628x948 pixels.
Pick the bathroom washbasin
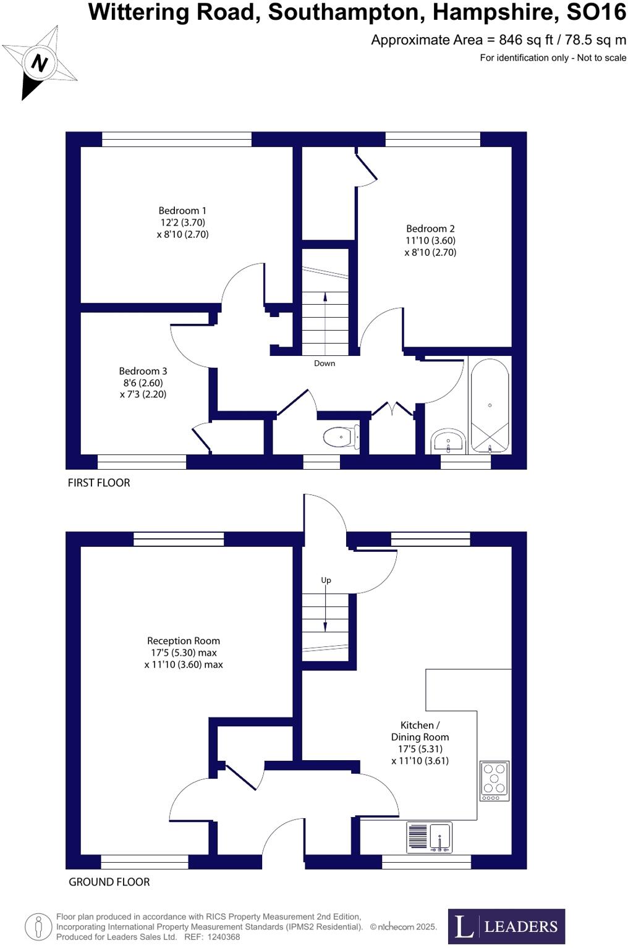tap(448, 441)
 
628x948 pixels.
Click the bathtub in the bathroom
tap(490, 405)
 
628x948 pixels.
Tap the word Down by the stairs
tap(325, 363)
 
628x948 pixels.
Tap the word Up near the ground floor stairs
tap(326, 580)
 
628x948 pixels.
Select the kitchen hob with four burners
tap(494, 781)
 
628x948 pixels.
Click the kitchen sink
tap(440, 837)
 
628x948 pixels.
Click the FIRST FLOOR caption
tap(99, 483)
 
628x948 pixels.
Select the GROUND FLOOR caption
tap(109, 882)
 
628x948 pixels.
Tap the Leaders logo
tap(506, 926)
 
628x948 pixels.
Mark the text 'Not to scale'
tap(601, 58)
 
